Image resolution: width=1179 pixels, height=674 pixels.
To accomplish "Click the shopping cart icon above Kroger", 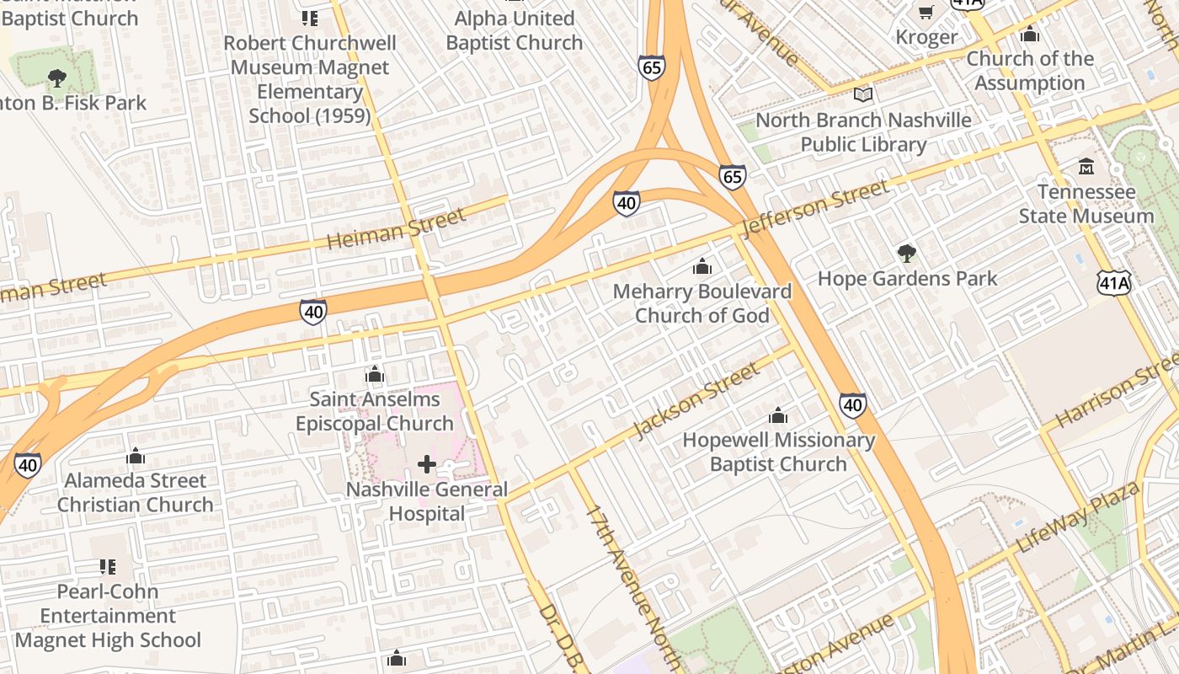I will (926, 13).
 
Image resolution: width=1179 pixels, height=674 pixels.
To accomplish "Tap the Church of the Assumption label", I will (1029, 71).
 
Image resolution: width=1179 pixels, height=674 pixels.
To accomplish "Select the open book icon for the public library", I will (863, 94).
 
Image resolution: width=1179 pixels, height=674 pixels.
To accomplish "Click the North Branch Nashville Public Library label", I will (863, 132).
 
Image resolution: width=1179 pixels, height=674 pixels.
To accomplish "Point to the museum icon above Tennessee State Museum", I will (1086, 167).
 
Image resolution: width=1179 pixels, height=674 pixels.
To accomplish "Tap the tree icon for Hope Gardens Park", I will (906, 253).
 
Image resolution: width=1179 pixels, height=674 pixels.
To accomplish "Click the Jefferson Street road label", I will (815, 208).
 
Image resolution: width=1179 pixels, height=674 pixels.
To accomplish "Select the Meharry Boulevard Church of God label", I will (702, 303).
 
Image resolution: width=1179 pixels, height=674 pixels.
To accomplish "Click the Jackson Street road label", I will (696, 400).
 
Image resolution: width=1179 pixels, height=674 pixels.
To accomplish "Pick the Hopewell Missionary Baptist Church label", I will (778, 452).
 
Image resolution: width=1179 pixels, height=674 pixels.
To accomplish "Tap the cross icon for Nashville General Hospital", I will (427, 464).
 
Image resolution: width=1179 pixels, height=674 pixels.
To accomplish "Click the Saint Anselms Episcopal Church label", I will (375, 411).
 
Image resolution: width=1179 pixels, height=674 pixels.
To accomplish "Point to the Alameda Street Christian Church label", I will (136, 493).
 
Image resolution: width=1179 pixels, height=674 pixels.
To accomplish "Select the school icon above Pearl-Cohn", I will (108, 566).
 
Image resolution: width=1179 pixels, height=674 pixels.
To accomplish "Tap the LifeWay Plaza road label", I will (1079, 516).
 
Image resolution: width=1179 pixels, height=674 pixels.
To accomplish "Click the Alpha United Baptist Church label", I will (515, 30).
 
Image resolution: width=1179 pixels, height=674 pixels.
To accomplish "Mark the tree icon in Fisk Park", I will (57, 78).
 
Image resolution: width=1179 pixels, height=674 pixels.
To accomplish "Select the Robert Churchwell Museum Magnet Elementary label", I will (310, 79).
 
